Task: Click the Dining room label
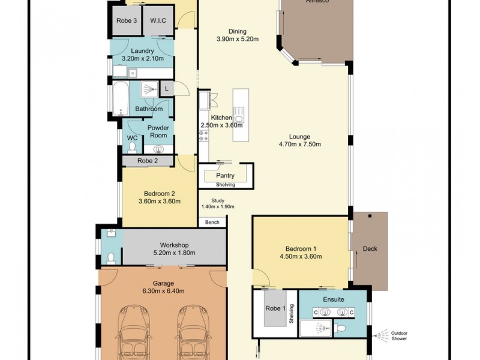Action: click(x=238, y=32)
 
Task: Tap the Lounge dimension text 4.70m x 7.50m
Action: click(x=300, y=144)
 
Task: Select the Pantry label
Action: click(x=226, y=176)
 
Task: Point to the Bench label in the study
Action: click(x=212, y=223)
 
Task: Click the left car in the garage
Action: click(x=137, y=331)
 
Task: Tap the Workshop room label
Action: click(x=174, y=245)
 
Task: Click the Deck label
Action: click(x=370, y=248)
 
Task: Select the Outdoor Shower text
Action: click(x=399, y=335)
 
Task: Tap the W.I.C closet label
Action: click(x=158, y=21)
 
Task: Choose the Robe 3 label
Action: click(x=127, y=21)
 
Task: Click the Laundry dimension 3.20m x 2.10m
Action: click(x=139, y=59)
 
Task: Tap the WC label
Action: click(x=132, y=138)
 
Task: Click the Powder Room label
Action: click(x=158, y=131)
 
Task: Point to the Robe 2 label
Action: click(x=148, y=161)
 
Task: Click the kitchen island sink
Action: click(x=238, y=112)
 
